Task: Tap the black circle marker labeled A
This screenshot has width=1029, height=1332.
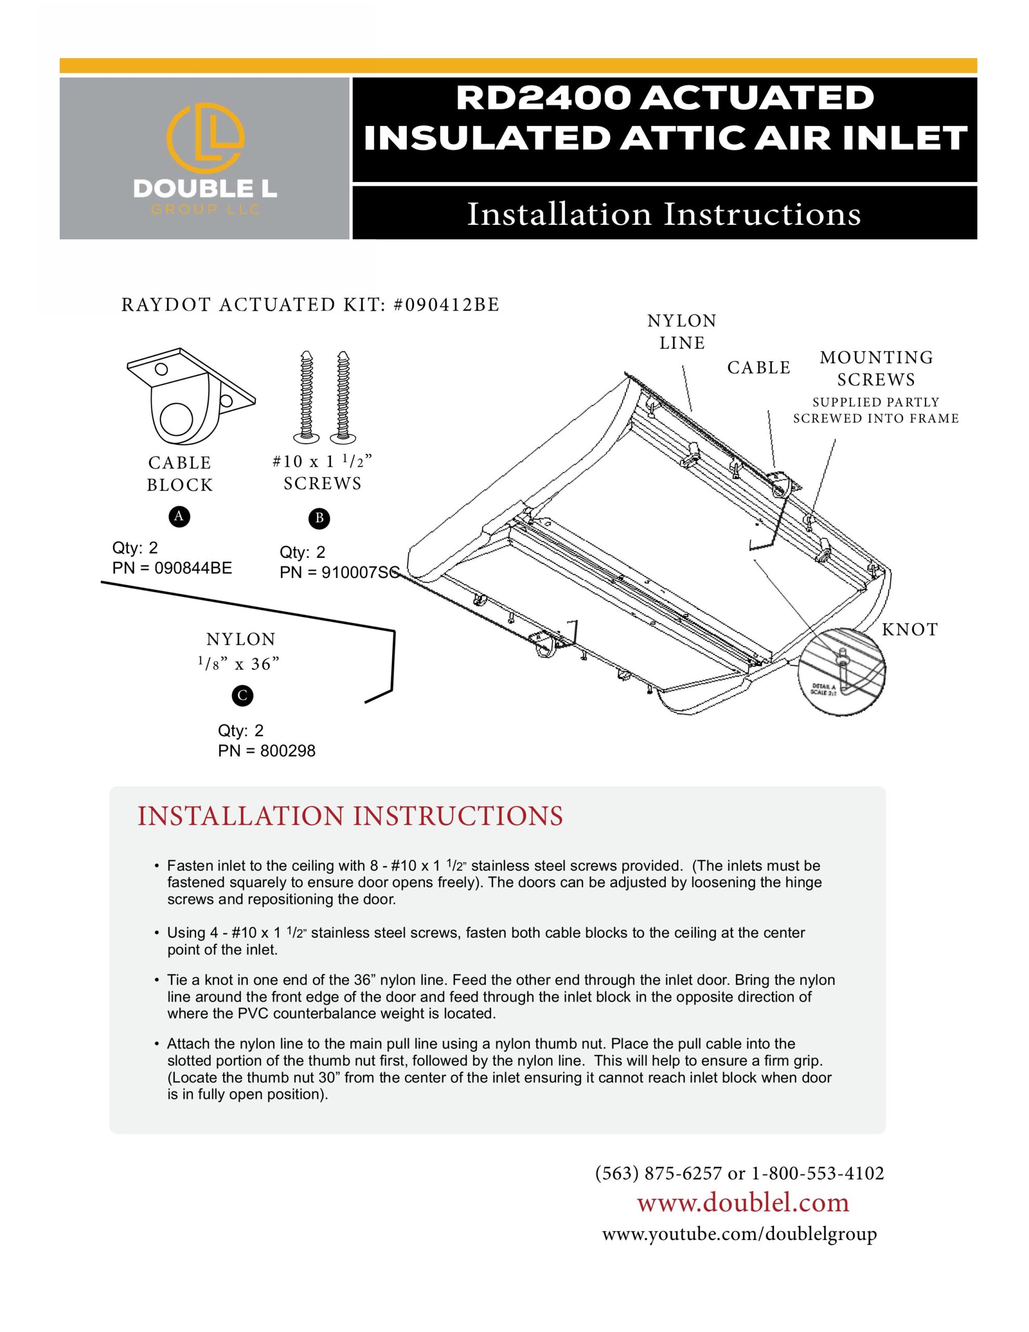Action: tap(179, 517)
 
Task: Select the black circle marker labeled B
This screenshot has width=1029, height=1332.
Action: tap(319, 518)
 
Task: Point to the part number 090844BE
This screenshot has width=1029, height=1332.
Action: tap(193, 568)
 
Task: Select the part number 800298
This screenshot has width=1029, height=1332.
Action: tap(287, 751)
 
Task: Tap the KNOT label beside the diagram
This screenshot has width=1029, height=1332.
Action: tap(909, 630)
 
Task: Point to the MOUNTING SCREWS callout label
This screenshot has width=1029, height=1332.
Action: tap(876, 368)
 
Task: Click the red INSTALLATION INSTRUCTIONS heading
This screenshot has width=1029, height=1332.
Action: tap(350, 816)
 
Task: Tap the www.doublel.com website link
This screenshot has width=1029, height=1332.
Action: tap(743, 1202)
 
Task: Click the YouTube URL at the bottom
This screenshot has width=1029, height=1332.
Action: tap(739, 1234)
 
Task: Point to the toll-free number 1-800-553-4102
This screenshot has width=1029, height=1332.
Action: tap(817, 1173)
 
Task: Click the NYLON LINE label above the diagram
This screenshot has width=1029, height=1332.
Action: tap(681, 332)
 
